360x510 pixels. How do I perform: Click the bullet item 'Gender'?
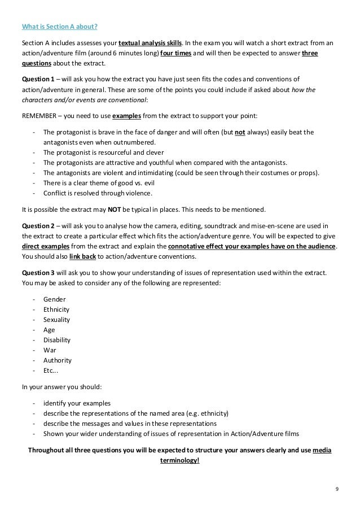[x=54, y=298]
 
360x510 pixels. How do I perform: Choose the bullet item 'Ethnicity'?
[x=57, y=308]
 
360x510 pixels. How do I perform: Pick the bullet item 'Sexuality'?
[x=57, y=319]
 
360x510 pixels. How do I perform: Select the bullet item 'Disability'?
[x=58, y=339]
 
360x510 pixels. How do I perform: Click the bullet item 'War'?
[x=50, y=350]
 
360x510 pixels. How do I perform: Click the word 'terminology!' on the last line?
[x=179, y=460]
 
